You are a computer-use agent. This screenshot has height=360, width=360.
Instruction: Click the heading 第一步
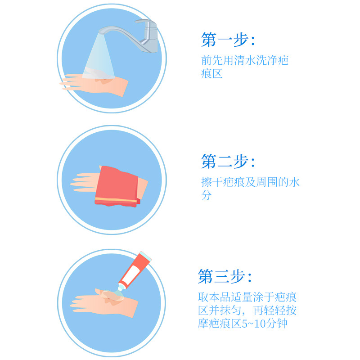tap(228, 40)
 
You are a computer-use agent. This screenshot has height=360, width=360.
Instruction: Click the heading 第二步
tap(228, 162)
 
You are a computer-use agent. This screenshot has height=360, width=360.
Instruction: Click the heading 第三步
tap(225, 276)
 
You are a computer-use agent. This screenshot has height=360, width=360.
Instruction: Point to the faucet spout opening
tap(101, 33)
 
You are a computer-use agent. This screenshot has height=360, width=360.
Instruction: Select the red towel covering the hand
tap(117, 186)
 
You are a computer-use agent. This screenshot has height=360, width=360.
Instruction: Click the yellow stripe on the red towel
tap(116, 200)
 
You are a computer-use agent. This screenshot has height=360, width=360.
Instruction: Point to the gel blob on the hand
tap(112, 296)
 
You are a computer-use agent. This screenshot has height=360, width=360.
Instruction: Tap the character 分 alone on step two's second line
tap(206, 195)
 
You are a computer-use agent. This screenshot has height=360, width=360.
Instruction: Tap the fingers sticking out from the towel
tap(84, 183)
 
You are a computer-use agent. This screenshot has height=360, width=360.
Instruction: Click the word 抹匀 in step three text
tap(230, 310)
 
